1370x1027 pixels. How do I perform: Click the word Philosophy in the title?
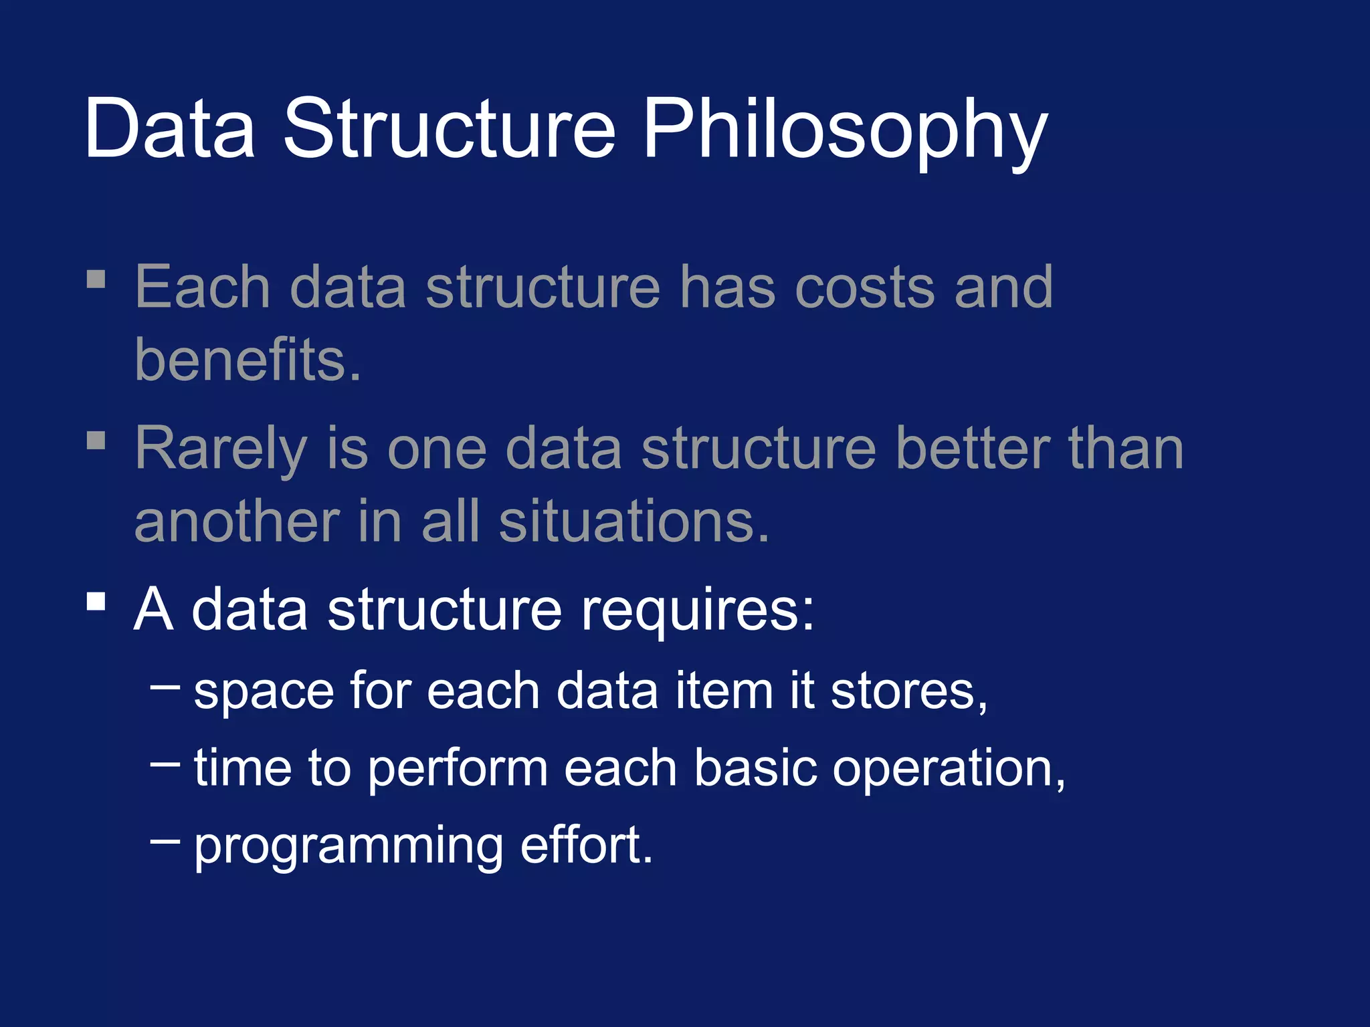(844, 130)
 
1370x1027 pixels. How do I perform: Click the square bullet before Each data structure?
(96, 279)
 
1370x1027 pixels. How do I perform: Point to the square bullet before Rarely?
(96, 440)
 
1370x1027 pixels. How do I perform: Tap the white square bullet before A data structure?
(96, 601)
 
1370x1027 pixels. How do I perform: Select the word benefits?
(248, 360)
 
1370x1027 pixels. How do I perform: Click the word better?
(972, 449)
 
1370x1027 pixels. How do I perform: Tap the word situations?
(633, 522)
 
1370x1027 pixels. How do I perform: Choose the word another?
(237, 522)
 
